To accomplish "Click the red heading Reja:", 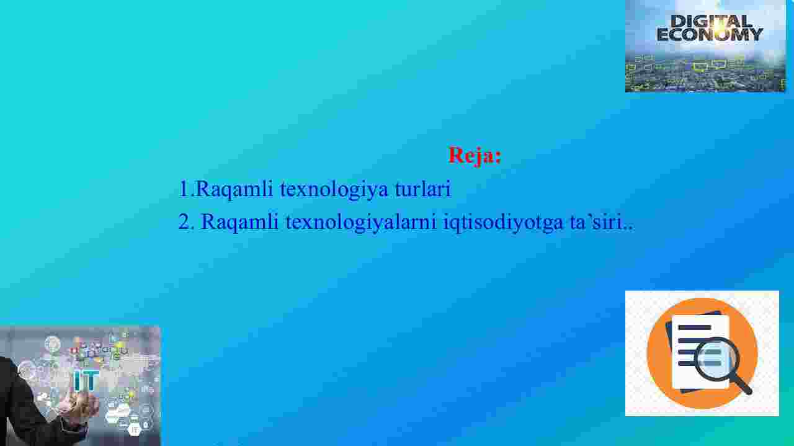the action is click(475, 156).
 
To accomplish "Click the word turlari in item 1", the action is click(423, 189).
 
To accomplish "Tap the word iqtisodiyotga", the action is click(503, 223).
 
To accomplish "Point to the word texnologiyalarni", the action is click(361, 223).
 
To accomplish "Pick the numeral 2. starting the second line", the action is click(187, 222).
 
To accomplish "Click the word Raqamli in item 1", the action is click(234, 190).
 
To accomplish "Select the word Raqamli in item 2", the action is click(240, 223).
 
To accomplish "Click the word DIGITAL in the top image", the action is click(711, 21).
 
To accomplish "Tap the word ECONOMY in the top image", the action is click(710, 35).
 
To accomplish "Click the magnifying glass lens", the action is click(716, 359).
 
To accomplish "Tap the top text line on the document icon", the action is click(694, 328).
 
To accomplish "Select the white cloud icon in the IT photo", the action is click(118, 412).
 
